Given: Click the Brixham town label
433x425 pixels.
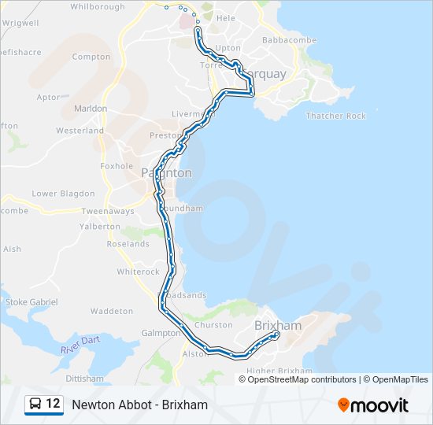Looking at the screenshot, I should pyautogui.click(x=278, y=325).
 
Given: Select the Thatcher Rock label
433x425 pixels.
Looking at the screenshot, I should pyautogui.click(x=336, y=116).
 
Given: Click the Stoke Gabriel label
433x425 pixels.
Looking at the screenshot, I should pyautogui.click(x=31, y=301).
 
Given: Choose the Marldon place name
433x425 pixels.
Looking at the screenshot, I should pyautogui.click(x=91, y=108).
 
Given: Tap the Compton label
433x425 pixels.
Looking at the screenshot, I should pyautogui.click(x=91, y=57).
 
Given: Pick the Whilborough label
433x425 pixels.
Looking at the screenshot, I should pyautogui.click(x=98, y=7).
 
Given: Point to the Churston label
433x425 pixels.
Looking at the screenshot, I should pyautogui.click(x=213, y=325).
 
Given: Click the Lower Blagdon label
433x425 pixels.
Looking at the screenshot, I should pyautogui.click(x=63, y=194).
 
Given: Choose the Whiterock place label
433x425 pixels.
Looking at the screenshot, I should pyautogui.click(x=138, y=272).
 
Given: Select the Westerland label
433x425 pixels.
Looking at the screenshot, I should pyautogui.click(x=80, y=130).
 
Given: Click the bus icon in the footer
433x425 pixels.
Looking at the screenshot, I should pyautogui.click(x=35, y=405).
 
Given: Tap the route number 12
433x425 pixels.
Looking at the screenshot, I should pyautogui.click(x=53, y=405).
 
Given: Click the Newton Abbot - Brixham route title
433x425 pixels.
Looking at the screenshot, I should pyautogui.click(x=139, y=405).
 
